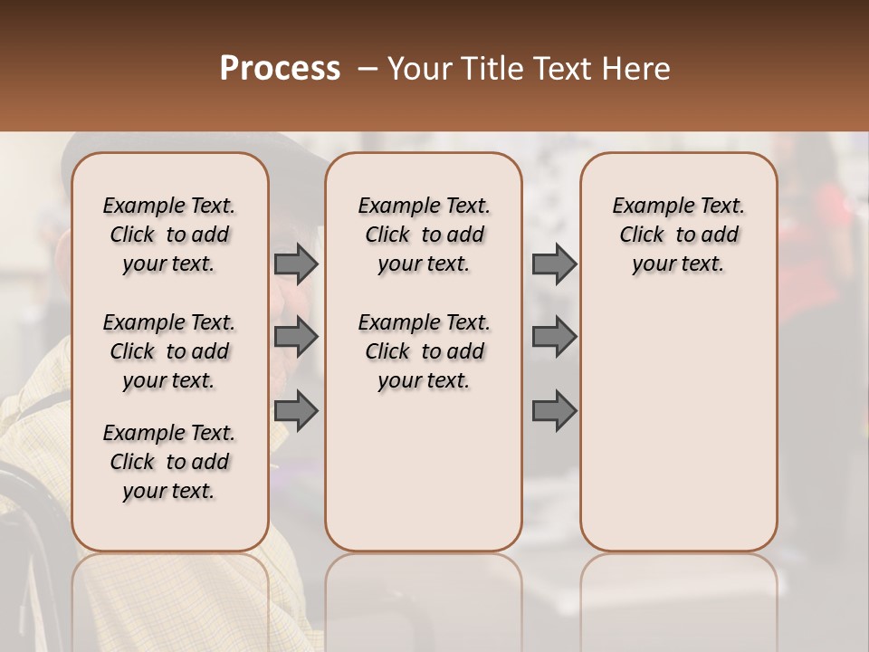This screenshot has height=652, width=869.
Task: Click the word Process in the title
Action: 280,69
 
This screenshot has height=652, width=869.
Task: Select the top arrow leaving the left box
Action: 295,264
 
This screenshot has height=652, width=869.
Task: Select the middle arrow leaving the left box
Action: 295,338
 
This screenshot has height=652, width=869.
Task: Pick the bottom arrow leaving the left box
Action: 295,412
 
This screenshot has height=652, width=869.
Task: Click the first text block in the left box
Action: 169,235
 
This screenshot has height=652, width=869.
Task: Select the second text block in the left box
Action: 169,351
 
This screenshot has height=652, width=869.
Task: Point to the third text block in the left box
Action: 169,462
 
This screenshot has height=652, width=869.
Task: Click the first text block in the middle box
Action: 424,235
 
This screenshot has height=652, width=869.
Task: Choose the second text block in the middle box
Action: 424,351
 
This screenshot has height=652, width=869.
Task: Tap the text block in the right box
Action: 678,235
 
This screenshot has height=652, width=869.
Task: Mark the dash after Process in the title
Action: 368,69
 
